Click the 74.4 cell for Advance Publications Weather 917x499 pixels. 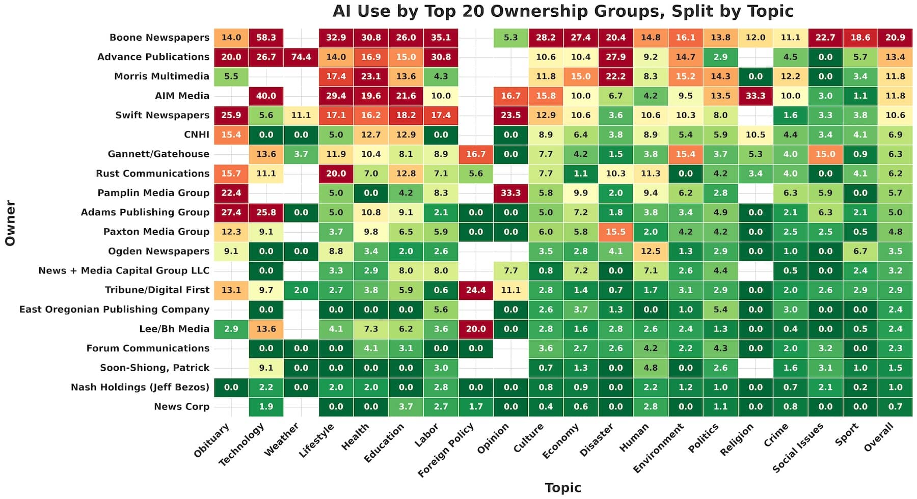click(x=301, y=57)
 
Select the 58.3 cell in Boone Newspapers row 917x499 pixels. click(x=266, y=38)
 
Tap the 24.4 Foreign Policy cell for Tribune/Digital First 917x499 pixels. click(x=476, y=290)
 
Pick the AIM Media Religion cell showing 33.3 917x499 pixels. click(x=755, y=96)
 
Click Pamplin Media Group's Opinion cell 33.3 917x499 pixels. click(x=510, y=193)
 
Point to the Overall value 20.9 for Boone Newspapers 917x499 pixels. click(x=895, y=38)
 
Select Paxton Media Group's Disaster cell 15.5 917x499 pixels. click(x=615, y=232)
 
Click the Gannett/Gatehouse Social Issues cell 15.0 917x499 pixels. click(x=825, y=154)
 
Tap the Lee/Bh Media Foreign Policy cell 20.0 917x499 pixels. click(x=476, y=329)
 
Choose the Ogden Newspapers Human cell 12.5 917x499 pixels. click(x=651, y=251)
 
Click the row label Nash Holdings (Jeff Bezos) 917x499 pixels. click(x=140, y=387)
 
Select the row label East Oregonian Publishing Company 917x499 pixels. click(x=114, y=310)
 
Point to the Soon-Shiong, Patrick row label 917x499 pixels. click(x=155, y=368)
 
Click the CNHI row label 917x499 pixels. click(x=197, y=135)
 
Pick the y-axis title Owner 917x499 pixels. click(x=10, y=223)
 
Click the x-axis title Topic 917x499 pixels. click(x=563, y=488)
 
